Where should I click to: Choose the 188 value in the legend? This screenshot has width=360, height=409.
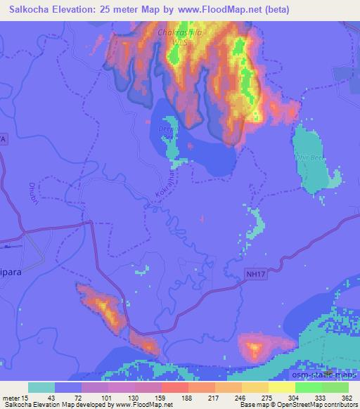coord(188,397)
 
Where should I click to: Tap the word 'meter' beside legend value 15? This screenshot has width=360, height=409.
coord(12,397)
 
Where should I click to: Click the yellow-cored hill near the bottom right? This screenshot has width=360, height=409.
coord(253,346)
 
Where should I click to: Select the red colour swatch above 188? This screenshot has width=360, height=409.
coord(174,387)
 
